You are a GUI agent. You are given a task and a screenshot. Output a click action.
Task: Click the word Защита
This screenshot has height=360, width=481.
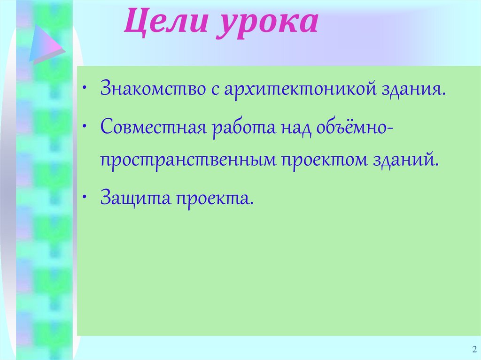(x=135, y=199)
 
